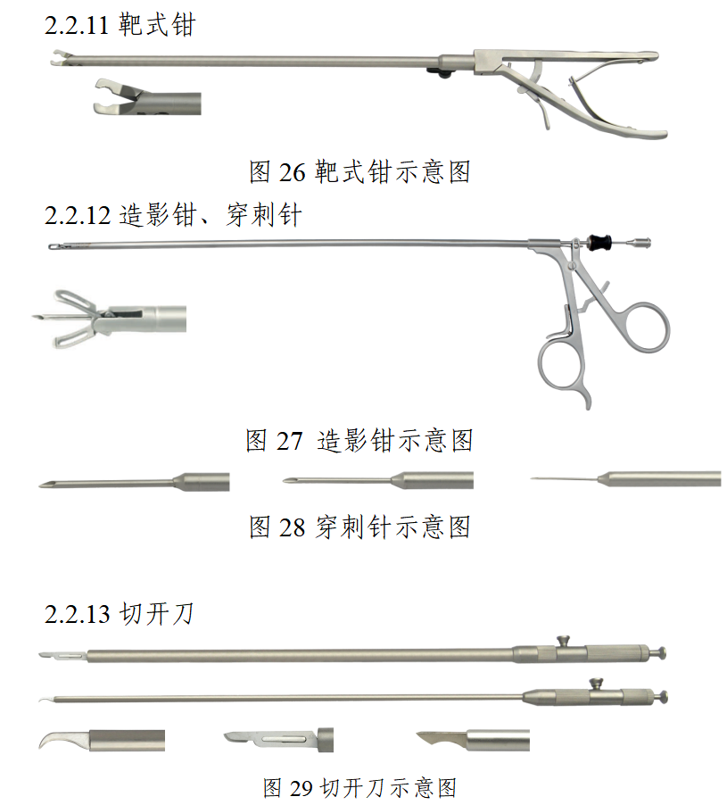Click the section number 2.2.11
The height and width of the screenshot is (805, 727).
point(77,25)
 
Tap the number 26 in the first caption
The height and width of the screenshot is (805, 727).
point(292,172)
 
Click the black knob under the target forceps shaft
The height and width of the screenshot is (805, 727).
point(440,73)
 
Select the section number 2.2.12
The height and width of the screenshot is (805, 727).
point(77,215)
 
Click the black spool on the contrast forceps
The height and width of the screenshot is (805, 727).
point(599,241)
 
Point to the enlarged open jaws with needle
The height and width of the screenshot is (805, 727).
point(109,319)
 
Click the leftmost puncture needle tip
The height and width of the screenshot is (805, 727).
point(44,485)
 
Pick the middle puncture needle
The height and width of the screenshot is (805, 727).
point(377,480)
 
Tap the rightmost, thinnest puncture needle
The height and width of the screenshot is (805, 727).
point(625,478)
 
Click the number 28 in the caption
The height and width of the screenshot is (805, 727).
point(292,527)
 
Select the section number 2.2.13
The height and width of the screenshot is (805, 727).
point(77,614)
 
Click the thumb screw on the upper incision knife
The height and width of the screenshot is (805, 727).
point(564,641)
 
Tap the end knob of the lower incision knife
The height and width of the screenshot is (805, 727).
point(662,697)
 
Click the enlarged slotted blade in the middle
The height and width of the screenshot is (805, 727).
point(278,740)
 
